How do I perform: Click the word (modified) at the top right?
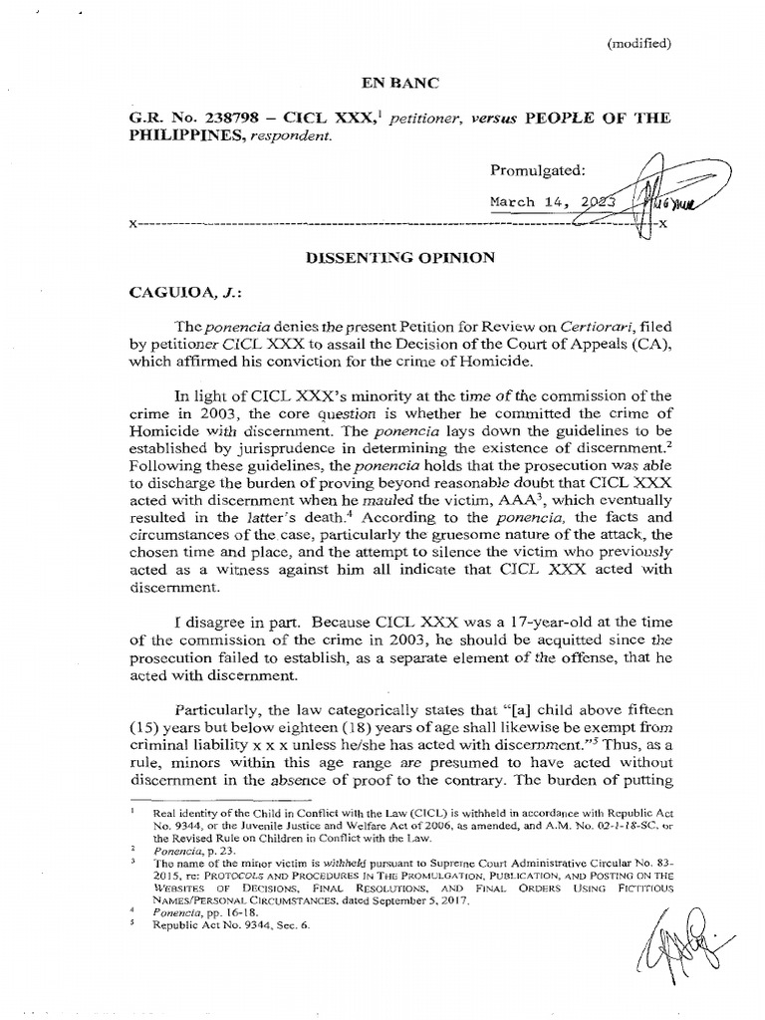pyautogui.click(x=638, y=43)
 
